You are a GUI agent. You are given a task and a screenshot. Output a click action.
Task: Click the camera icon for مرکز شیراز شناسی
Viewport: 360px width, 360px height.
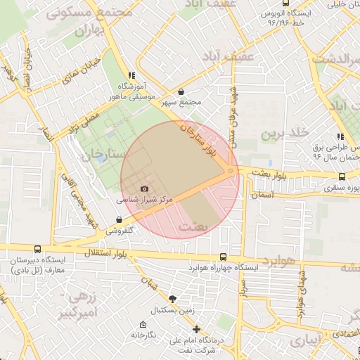145,188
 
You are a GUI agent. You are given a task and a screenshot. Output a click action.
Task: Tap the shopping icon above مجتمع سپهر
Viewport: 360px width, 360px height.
181,91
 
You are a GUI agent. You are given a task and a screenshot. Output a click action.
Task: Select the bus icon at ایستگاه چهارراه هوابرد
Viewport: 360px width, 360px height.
223,257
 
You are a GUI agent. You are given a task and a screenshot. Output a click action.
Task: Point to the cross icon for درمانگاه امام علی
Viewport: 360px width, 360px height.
196,329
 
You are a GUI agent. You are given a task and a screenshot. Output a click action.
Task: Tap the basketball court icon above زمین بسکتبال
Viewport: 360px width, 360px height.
173,299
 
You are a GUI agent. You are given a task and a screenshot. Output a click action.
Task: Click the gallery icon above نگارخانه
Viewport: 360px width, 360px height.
143,325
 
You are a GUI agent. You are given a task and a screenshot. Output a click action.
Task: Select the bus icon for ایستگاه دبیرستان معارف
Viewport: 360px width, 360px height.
37,249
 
